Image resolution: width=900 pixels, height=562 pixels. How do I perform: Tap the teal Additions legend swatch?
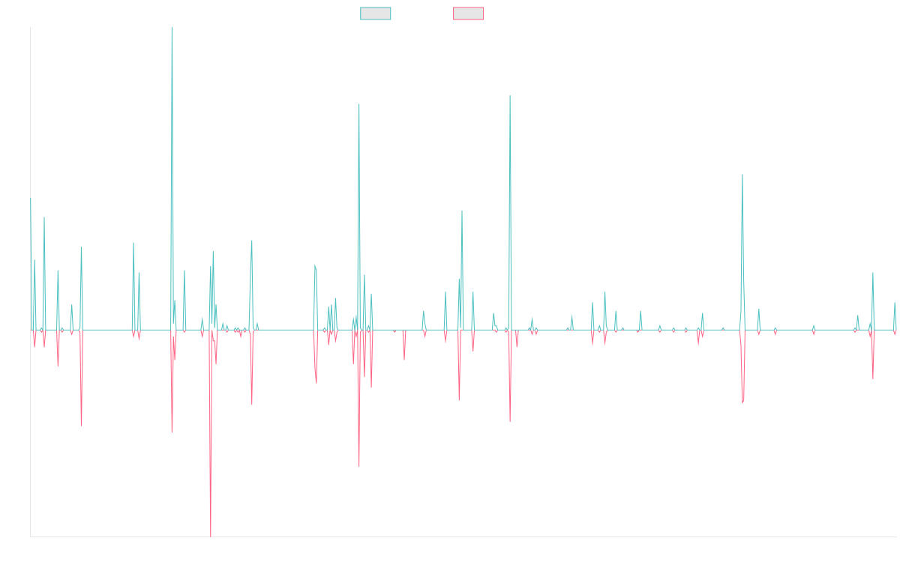(376, 13)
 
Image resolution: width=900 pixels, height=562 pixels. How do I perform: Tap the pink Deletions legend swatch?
(469, 13)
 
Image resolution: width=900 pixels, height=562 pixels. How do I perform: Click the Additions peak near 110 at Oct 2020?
(510, 96)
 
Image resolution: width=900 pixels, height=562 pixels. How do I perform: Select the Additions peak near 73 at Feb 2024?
(742, 175)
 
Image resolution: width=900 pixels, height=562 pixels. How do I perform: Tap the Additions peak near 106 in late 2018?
(359, 104)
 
